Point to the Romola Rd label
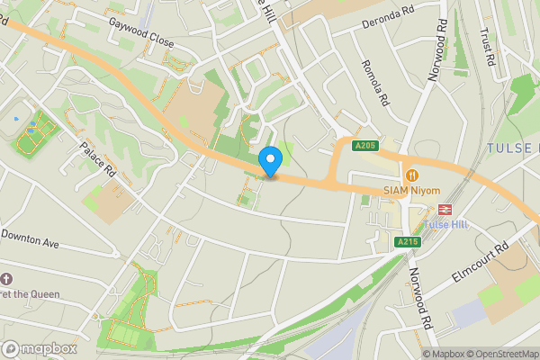(372, 83)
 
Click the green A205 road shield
(364, 146)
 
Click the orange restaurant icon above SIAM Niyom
(412, 175)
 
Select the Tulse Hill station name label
(447, 223)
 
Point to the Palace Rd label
(97, 158)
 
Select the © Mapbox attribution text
(443, 354)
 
